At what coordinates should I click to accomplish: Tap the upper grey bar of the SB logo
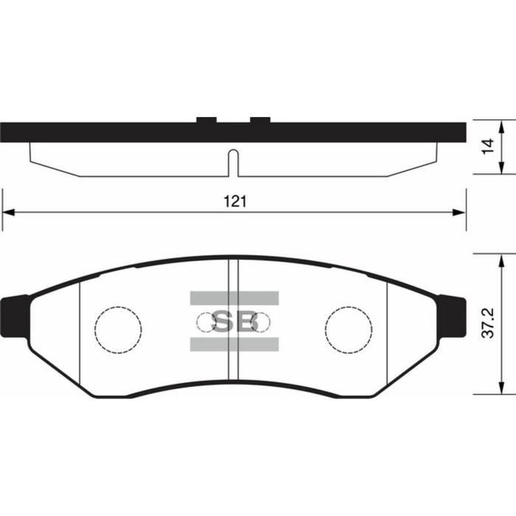point(234,298)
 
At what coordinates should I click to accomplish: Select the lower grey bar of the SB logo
point(234,344)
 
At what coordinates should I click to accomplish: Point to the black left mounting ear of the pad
point(15,316)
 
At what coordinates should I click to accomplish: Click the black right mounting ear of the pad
point(453,316)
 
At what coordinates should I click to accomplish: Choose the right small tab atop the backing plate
point(261,119)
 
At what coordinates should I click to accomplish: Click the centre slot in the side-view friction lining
point(233,162)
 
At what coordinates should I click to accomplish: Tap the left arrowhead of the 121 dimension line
point(8,212)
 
